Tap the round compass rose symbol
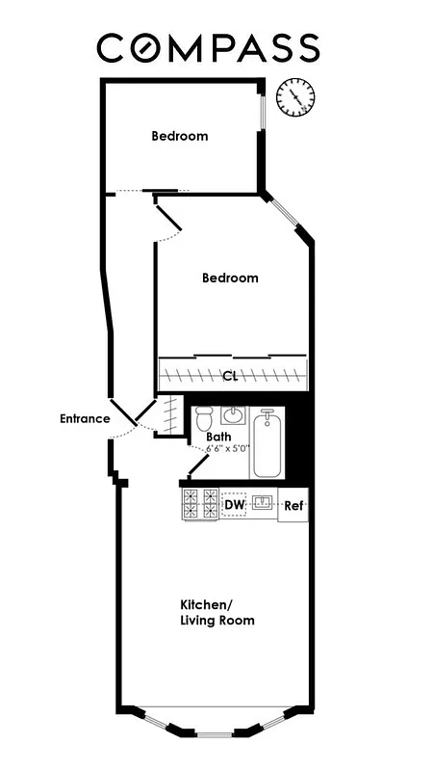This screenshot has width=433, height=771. [295, 95]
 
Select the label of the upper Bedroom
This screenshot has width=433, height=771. [179, 136]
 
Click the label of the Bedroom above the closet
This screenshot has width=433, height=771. [230, 278]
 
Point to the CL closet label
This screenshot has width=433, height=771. [230, 376]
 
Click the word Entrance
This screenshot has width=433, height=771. [84, 418]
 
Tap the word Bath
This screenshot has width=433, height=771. [218, 436]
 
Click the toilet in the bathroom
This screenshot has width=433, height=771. [203, 420]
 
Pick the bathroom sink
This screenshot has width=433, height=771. [234, 416]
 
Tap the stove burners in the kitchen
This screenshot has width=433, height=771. [200, 504]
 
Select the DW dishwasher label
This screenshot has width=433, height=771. [234, 504]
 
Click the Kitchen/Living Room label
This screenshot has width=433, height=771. [217, 612]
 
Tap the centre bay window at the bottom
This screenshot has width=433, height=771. [214, 734]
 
